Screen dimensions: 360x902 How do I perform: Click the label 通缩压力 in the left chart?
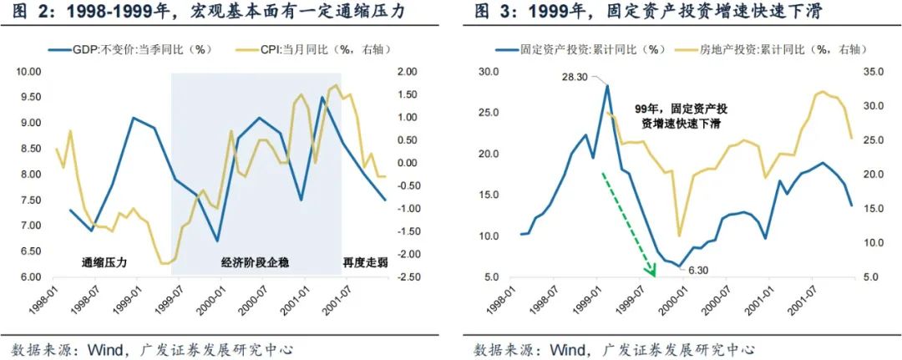click(105, 261)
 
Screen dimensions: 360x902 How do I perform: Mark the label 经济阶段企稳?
click(255, 261)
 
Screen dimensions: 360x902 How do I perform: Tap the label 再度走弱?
click(365, 261)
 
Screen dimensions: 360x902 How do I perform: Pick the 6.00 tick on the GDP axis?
click(30, 277)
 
